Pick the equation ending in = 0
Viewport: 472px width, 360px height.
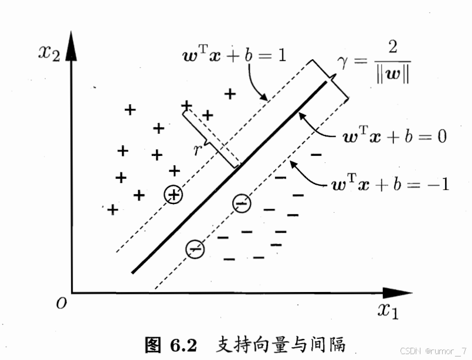coord(395,137)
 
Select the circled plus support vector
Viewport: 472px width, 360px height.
coord(174,195)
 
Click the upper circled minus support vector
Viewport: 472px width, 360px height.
coord(241,203)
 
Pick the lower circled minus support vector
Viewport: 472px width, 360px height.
coord(195,249)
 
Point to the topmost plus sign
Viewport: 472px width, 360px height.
coord(230,93)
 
